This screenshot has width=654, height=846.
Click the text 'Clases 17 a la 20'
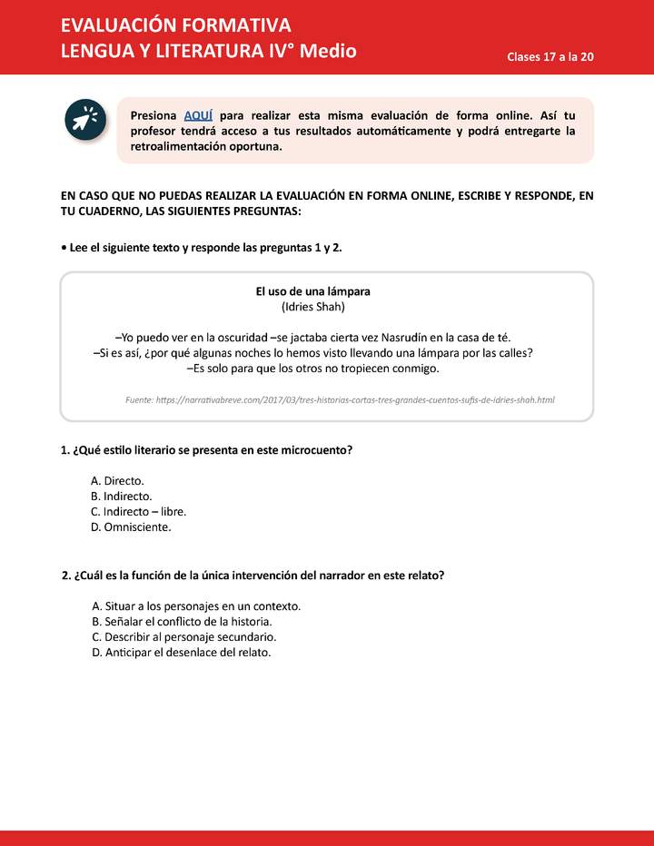[x=550, y=56]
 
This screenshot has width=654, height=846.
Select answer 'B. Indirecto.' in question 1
[x=122, y=496]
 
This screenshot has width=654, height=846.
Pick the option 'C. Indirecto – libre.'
[x=138, y=511]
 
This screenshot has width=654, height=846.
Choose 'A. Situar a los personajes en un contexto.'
[x=196, y=605]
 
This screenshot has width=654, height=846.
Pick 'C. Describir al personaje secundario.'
[x=183, y=636]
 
